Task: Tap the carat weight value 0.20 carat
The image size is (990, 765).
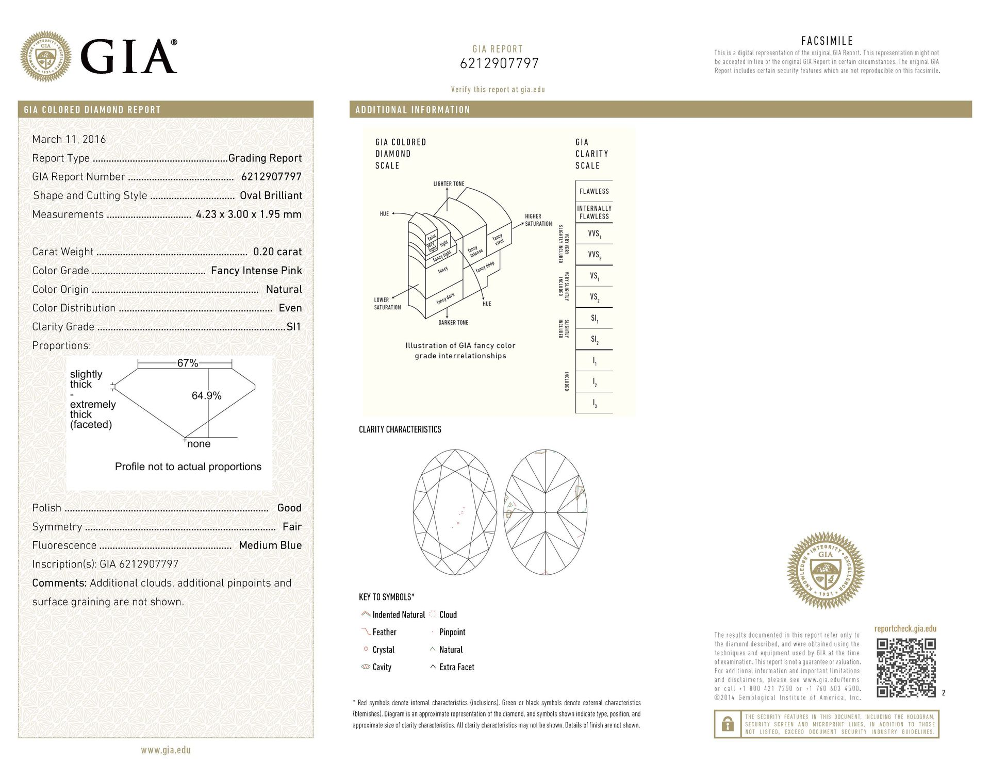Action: pos(277,252)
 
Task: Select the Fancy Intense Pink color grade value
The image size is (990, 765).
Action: pos(256,271)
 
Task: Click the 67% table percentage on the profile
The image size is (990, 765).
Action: pos(188,363)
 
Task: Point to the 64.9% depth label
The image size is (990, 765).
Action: pos(206,396)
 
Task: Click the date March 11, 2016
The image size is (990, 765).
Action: pos(69,139)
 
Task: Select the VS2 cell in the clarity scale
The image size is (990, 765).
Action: pos(594,297)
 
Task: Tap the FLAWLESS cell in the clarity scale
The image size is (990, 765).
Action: pos(594,191)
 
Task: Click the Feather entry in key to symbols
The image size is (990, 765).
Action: pos(384,632)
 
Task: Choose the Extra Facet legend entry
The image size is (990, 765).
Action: pos(456,667)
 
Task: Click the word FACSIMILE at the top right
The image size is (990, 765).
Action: pos(827,41)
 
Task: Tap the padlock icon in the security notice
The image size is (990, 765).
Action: pos(728,725)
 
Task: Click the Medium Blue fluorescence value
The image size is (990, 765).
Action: pos(270,545)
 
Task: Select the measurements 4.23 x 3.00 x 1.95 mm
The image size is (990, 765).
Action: pos(249,214)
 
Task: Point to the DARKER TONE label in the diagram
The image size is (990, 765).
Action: pos(453,323)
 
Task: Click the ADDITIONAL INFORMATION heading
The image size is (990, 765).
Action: pos(412,110)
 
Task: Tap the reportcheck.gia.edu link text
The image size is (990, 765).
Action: pos(905,629)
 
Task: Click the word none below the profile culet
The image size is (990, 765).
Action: pos(199,444)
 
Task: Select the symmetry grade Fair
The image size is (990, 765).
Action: pos(292,527)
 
